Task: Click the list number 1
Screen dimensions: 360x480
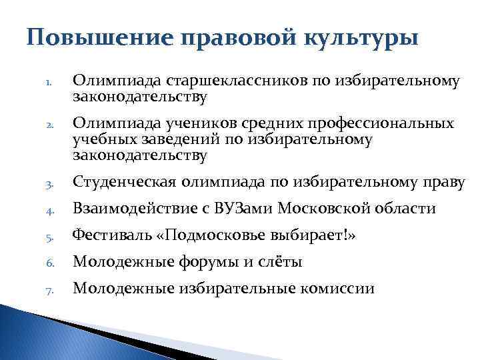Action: tap(49, 83)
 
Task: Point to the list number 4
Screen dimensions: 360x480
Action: tap(49, 210)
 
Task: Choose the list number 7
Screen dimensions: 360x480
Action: tap(49, 290)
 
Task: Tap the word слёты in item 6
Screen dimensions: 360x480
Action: tap(283, 263)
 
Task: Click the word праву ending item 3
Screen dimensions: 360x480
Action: tap(442, 183)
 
